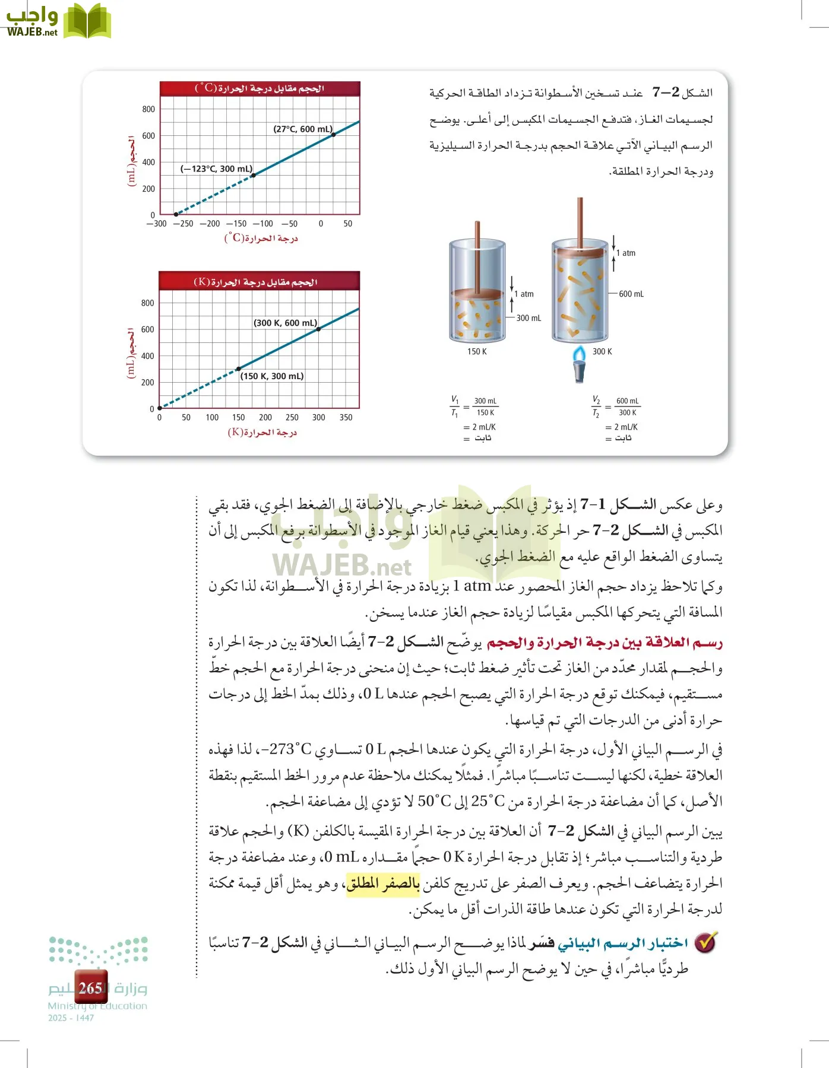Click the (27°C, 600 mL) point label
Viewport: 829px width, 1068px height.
tap(303, 129)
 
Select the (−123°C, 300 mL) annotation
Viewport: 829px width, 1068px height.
tap(216, 169)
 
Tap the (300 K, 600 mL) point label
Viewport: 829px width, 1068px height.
tap(286, 323)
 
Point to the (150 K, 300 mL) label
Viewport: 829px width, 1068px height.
tap(272, 376)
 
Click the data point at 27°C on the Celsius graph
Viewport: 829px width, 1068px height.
tap(334, 135)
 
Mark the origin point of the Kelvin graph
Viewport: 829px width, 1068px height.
tap(160, 408)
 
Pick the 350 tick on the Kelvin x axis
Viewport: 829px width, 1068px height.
tap(346, 418)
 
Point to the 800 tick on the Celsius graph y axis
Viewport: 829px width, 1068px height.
tap(148, 109)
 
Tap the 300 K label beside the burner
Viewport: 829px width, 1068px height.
tap(602, 352)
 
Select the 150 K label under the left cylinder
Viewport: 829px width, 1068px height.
tap(477, 352)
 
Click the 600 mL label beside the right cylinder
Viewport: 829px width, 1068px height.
tap(631, 294)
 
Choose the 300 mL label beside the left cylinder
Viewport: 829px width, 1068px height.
tap(529, 319)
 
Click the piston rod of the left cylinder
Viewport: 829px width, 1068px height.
tap(477, 255)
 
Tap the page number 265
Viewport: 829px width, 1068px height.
tap(90, 988)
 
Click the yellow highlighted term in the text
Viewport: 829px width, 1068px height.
tap(383, 884)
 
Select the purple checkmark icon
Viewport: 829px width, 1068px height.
tap(706, 942)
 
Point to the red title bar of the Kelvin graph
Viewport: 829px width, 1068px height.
tap(260, 281)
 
